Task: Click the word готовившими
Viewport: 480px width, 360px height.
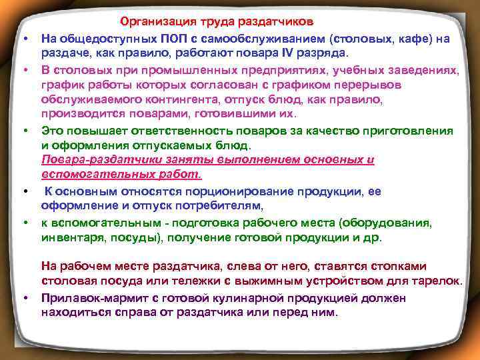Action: pyautogui.click(x=214, y=113)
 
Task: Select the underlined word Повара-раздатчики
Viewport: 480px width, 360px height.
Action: pyautogui.click(x=92, y=161)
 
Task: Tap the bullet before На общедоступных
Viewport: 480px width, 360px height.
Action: pyautogui.click(x=25, y=40)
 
